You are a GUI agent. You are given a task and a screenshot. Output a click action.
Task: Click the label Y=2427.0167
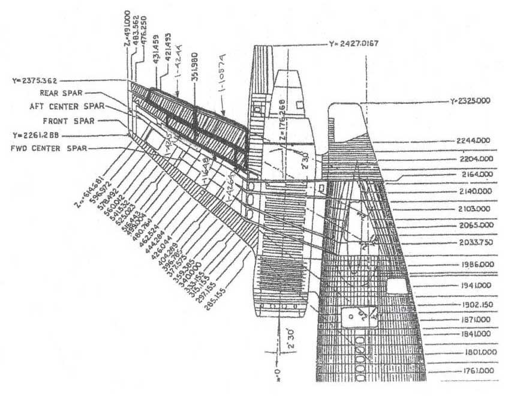click(x=354, y=44)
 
